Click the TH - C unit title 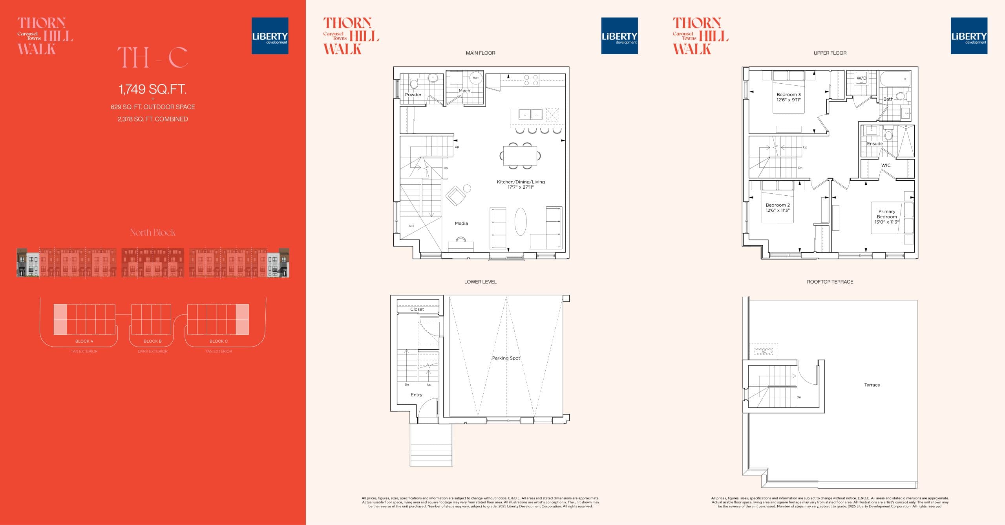point(152,57)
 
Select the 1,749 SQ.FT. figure point(152,89)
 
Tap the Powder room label point(413,95)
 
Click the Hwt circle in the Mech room point(475,78)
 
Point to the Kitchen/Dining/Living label point(521,182)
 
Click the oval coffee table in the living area point(520,221)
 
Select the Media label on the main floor point(461,223)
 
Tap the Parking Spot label point(506,358)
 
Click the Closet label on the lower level point(417,309)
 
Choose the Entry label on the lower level point(416,395)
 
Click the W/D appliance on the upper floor point(861,78)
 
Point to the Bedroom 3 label point(788,94)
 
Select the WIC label point(886,165)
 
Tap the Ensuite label point(875,143)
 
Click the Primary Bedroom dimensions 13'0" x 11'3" point(886,222)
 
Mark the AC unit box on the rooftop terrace point(764,351)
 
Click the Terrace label point(872,385)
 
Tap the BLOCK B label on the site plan point(152,341)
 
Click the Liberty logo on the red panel point(270,36)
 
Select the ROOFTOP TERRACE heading point(830,282)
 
